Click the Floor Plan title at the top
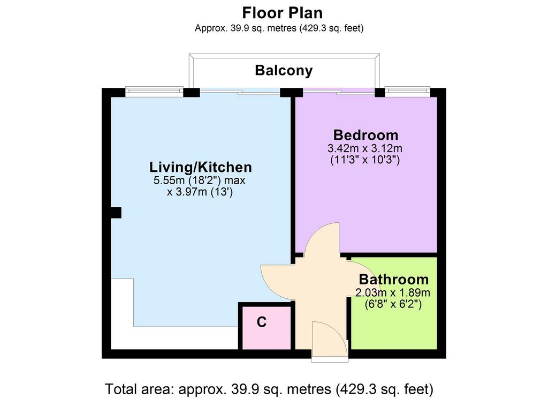coord(283,13)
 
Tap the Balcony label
coord(284,70)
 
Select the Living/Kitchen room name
coord(201,167)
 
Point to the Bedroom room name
coord(366,135)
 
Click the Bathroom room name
coord(394,280)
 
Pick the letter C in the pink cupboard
coord(261,322)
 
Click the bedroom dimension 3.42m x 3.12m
coord(365,148)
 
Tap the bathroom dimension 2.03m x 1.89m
coord(393,293)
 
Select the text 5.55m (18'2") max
coord(199,180)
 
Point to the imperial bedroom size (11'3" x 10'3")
coord(365,160)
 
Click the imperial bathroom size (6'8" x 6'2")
coord(393,304)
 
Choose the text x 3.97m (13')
coord(200,192)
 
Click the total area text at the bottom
coord(269,389)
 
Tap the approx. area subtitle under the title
coord(279,28)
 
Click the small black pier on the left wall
coord(116,213)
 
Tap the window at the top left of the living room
coord(154,92)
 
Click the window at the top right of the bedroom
coord(407,92)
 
